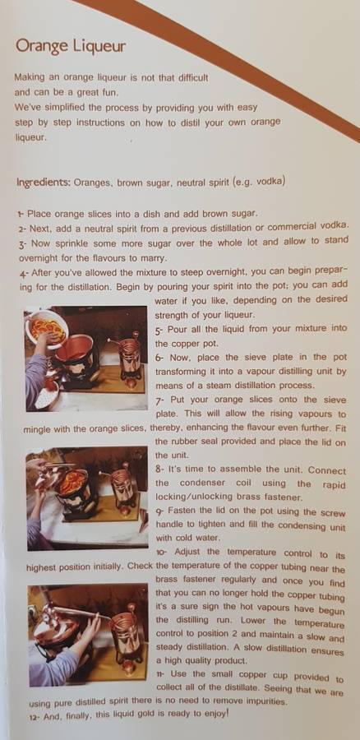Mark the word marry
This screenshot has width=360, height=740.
pos(154,259)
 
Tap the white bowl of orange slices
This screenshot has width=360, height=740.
pos(46,328)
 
